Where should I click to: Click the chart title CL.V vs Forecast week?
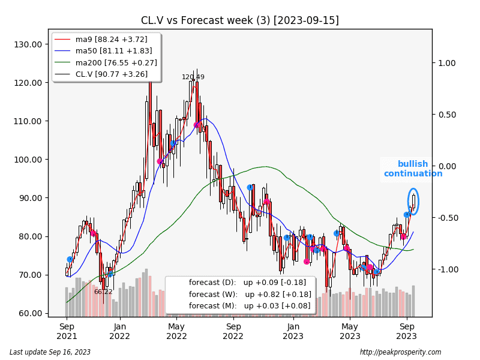[239, 20]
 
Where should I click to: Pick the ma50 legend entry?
[111, 52]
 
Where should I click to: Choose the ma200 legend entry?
[113, 63]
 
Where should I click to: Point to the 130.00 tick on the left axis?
[28, 44]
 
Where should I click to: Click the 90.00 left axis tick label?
[28, 198]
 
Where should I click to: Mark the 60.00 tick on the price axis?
[28, 313]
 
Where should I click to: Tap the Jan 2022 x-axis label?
[120, 331]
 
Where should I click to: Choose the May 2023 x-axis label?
[350, 331]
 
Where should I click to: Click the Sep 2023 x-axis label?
[407, 331]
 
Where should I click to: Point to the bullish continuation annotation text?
[413, 169]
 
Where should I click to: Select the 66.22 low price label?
[103, 292]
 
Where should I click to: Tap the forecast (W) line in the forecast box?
[250, 295]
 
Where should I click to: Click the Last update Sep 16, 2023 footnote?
[50, 352]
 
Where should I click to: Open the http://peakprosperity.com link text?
[400, 352]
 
